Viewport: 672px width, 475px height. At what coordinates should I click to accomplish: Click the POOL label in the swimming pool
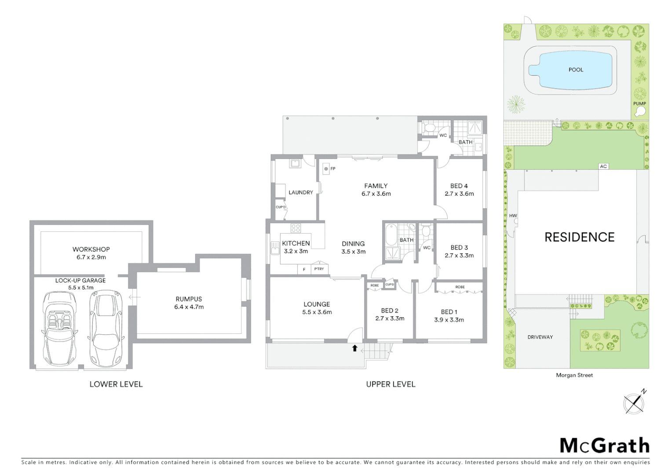pos(576,69)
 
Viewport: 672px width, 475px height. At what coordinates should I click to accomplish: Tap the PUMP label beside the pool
pos(639,104)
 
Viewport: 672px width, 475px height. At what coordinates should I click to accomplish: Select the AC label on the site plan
pos(603,166)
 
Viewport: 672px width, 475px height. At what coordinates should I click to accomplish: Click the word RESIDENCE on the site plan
pos(579,237)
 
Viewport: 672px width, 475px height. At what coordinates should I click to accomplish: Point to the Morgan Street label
pos(574,375)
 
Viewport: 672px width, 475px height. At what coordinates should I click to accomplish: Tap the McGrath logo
pos(604,446)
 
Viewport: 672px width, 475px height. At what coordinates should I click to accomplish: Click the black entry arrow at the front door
pos(354,348)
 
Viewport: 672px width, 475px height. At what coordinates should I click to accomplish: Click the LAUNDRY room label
pos(301,192)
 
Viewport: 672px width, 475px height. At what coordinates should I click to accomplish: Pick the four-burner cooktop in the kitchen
pos(296,228)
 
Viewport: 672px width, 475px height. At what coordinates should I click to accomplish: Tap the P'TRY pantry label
pos(319,269)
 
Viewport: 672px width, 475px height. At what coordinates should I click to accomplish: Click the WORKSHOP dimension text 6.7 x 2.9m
pos(91,257)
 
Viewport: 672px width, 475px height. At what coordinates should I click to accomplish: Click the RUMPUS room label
pos(189,299)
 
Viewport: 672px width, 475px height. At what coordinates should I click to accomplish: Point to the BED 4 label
pos(459,186)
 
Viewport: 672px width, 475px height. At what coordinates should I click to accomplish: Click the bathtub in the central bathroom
pos(391,235)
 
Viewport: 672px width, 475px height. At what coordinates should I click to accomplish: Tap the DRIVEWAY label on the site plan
pos(540,337)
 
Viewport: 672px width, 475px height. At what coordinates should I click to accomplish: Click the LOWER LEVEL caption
pos(116,384)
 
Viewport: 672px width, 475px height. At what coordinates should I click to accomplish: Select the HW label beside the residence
pos(513,216)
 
